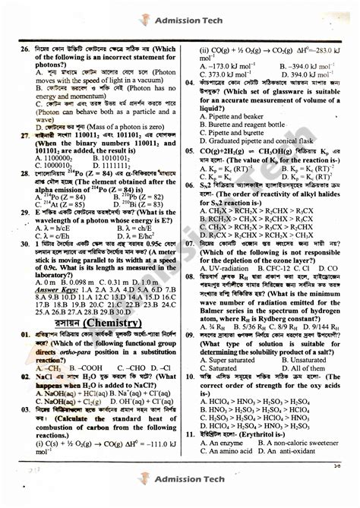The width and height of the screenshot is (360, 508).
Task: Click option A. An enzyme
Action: (x=226, y=441)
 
